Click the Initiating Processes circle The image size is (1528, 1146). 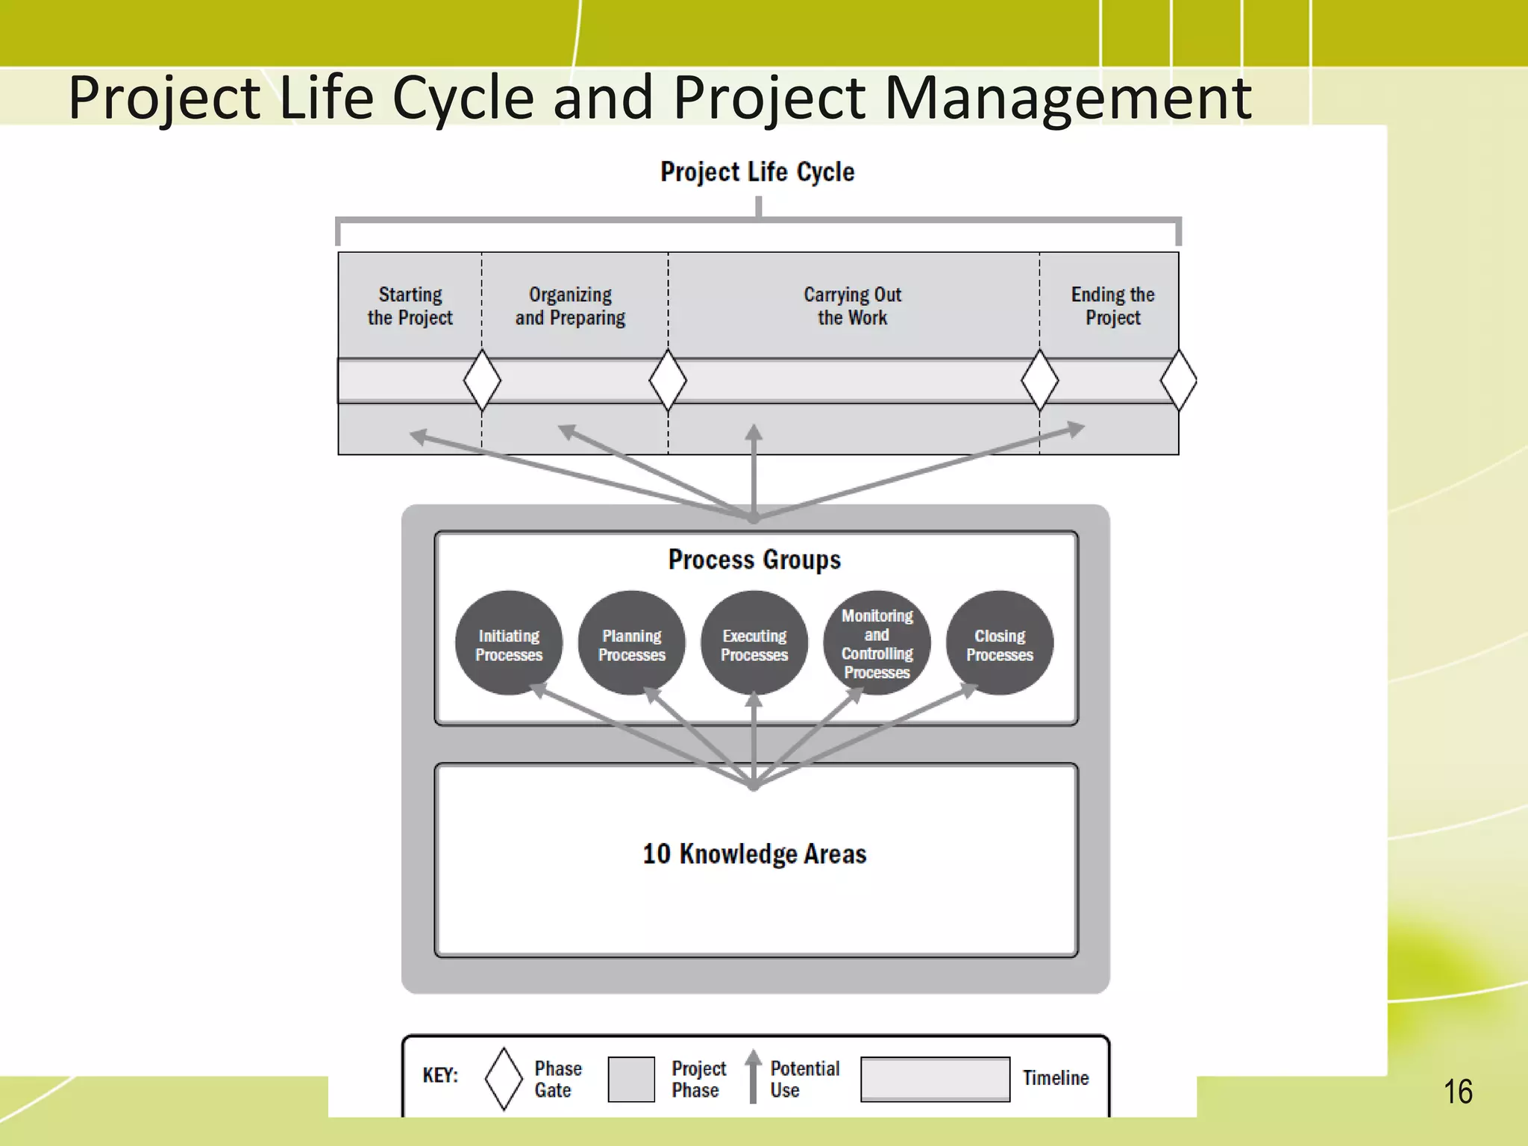509,643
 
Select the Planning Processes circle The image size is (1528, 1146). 631,643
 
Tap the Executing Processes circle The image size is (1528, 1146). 754,643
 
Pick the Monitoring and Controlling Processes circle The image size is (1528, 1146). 877,643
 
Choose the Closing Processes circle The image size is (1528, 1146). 1000,643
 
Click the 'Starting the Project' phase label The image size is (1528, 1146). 410,306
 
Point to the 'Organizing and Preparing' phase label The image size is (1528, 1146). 570,306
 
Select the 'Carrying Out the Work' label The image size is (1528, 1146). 852,306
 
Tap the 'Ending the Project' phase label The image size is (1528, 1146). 1112,306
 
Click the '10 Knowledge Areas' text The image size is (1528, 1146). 754,854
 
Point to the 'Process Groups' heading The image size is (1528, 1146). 754,560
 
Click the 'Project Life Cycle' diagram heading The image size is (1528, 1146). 757,172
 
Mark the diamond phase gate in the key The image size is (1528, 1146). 504,1079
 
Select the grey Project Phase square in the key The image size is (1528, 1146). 631,1079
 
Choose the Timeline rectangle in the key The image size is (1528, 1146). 935,1079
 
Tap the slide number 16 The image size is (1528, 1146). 1458,1092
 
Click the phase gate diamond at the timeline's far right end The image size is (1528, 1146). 1178,381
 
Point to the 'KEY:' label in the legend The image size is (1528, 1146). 440,1075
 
